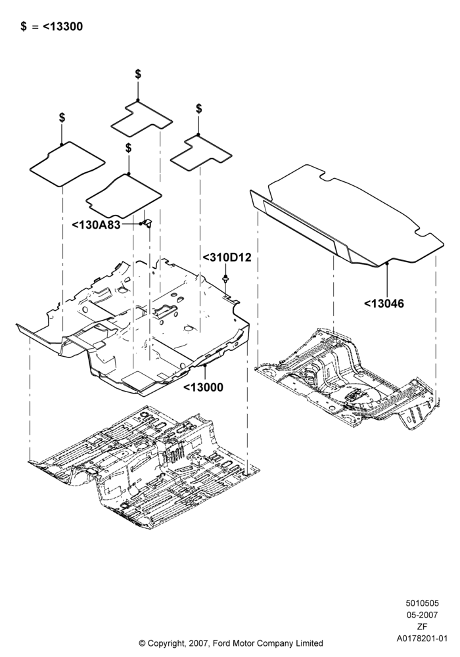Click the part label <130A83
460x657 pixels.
96,225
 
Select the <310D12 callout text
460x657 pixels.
227,258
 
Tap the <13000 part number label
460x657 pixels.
203,387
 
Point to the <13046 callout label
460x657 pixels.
384,304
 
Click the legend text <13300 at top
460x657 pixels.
63,26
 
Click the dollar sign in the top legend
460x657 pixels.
24,26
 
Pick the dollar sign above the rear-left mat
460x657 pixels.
138,74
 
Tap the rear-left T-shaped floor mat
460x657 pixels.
142,118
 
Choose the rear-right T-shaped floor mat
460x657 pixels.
201,153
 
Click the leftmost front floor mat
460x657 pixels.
67,164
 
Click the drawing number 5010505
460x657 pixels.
422,603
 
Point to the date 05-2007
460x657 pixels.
422,615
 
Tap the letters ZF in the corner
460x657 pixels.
422,627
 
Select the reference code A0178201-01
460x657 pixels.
422,639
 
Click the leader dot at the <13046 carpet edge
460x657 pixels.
387,263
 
